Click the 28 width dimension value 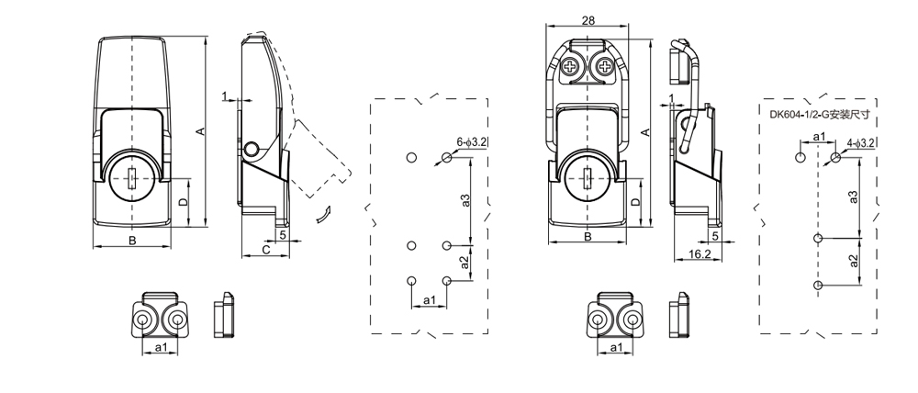(x=588, y=21)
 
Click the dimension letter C (x=265, y=250)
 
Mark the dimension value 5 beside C (x=283, y=235)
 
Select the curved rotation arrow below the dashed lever (x=321, y=215)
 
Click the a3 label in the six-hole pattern (x=465, y=200)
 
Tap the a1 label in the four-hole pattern (x=819, y=138)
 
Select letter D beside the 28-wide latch (x=636, y=202)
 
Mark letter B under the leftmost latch (x=132, y=241)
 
